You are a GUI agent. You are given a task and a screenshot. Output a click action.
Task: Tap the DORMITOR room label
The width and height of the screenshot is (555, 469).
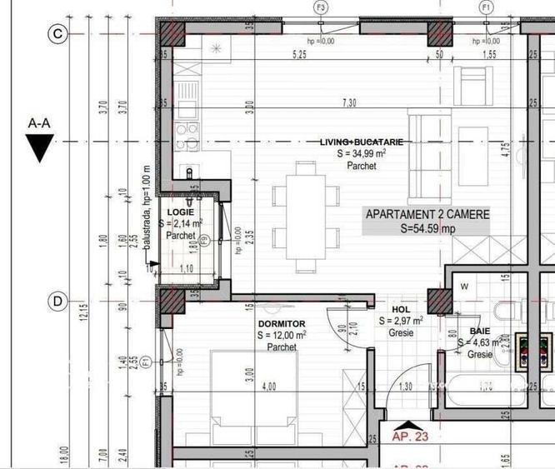[x=281, y=323]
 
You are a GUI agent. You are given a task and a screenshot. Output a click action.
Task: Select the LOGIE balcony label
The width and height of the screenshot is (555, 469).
[x=180, y=212]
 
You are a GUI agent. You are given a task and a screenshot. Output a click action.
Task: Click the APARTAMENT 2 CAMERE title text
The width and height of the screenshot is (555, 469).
[x=427, y=214]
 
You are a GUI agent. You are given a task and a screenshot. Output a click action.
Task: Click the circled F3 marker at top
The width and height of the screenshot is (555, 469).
[x=321, y=7]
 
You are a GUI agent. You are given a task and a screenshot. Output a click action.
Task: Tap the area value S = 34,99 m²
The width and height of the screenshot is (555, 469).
[x=361, y=154]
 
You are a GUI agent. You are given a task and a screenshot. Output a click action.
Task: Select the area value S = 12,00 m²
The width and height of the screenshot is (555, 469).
[x=282, y=335]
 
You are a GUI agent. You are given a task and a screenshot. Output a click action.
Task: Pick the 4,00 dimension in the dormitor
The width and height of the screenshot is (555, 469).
[x=269, y=387]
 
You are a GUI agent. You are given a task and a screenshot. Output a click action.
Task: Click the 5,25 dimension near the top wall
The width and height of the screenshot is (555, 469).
[x=297, y=55]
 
